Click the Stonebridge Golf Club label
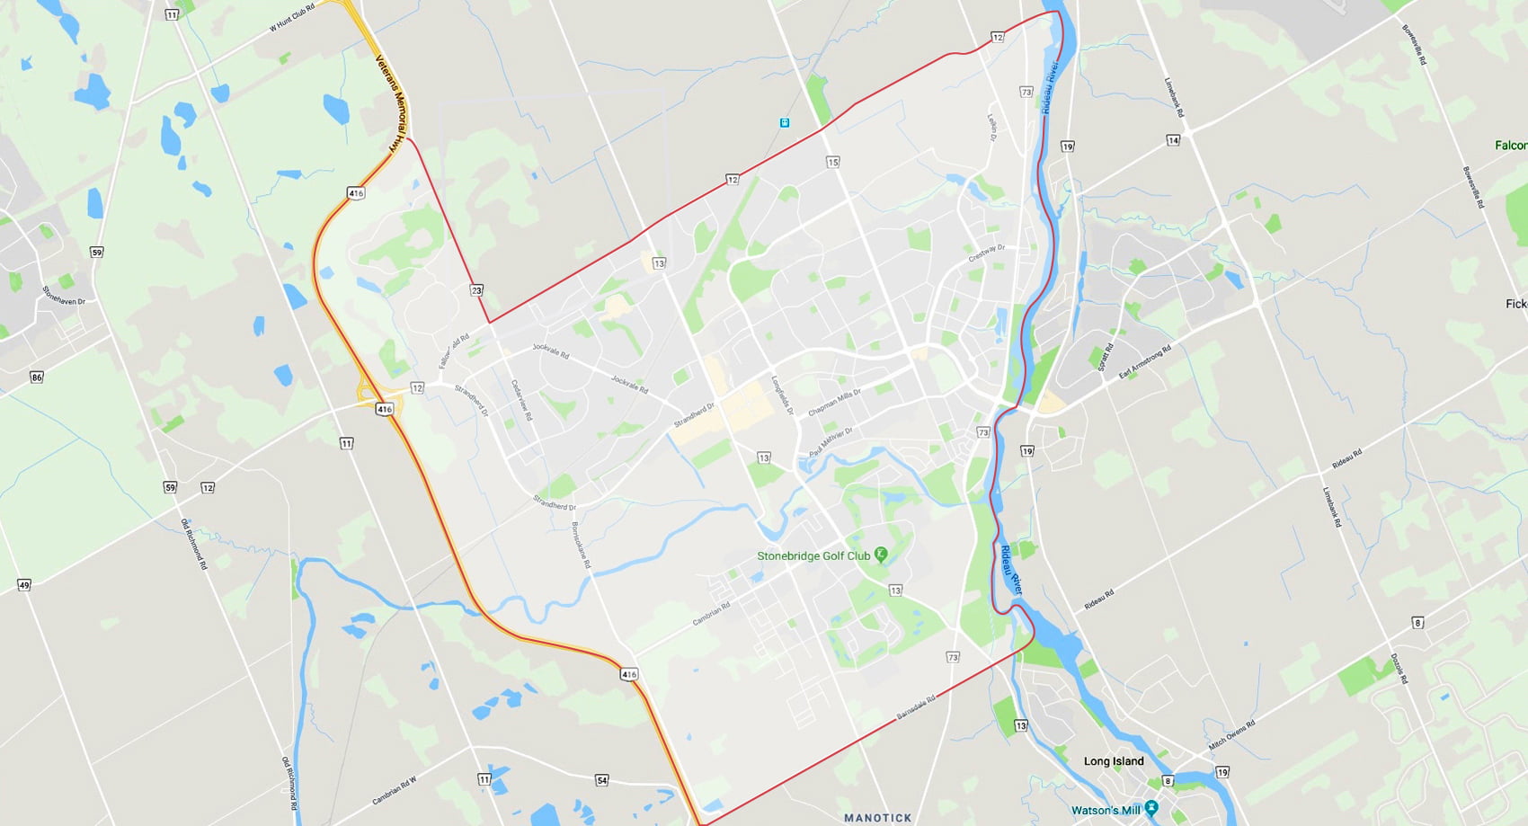[x=813, y=556]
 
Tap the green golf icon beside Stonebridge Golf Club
[x=881, y=555]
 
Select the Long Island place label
[x=1114, y=761]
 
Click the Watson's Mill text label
[x=1106, y=810]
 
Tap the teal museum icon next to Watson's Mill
[x=1151, y=809]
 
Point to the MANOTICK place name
[x=877, y=818]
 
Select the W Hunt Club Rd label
[x=292, y=18]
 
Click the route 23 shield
[x=476, y=290]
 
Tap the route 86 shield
[x=37, y=377]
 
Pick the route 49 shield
[x=24, y=585]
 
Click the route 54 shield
[x=602, y=780]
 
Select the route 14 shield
[x=1173, y=140]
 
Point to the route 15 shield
[x=833, y=163]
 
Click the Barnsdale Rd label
[x=916, y=706]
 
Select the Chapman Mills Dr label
[x=834, y=403]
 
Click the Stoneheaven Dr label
[x=64, y=295]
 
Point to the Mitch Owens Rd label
[x=1231, y=734]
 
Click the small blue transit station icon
[x=785, y=122]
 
